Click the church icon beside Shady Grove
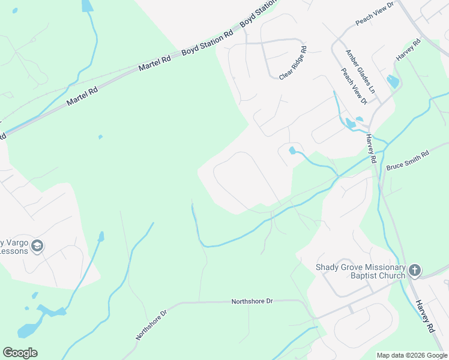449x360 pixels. [414, 271]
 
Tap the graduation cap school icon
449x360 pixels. [38, 246]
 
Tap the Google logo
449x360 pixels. [20, 353]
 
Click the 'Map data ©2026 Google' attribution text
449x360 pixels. [412, 355]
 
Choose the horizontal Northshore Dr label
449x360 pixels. [252, 301]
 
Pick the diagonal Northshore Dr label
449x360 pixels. [151, 325]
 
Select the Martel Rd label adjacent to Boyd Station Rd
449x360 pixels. [155, 61]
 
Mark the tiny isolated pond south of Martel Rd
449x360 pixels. [100, 137]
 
